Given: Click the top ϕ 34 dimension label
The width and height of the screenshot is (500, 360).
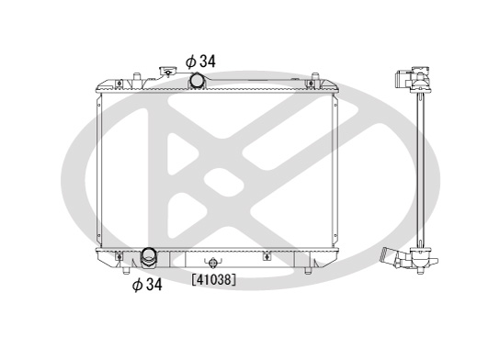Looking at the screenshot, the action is [x=200, y=62].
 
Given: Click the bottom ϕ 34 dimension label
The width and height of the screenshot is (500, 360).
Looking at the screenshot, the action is [x=147, y=285].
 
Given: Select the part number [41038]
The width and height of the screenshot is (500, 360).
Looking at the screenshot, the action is [x=214, y=280].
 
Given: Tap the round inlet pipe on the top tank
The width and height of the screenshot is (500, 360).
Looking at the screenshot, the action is [x=198, y=81].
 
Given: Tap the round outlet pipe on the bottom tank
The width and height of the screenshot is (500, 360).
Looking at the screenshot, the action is [x=149, y=257].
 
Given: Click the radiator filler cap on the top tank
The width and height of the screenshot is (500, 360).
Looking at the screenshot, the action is [x=167, y=71].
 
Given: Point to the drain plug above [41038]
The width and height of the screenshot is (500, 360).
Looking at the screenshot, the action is [x=212, y=263].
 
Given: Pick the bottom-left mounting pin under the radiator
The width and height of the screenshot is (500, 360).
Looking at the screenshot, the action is [x=126, y=271].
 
